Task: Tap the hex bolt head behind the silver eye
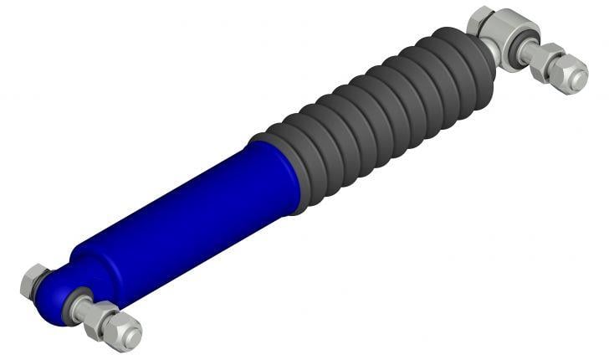click(483, 18)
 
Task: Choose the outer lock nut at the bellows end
click(569, 75)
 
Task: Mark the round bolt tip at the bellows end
click(577, 80)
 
